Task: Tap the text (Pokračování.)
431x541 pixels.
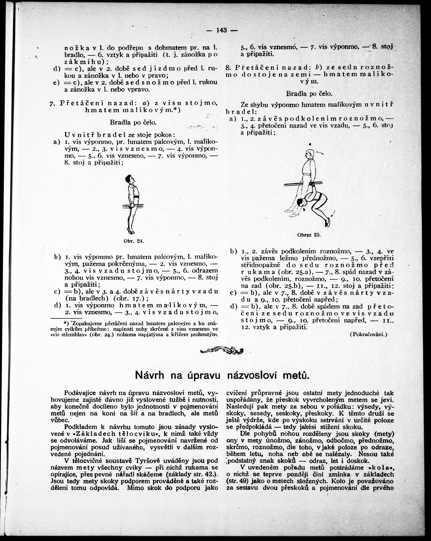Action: (x=368, y=334)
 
